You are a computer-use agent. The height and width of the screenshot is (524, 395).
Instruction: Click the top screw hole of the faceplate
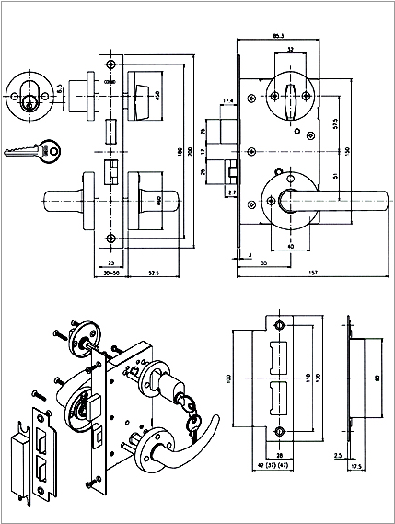click(x=112, y=64)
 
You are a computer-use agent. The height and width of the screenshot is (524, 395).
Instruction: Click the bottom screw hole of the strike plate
click(x=279, y=432)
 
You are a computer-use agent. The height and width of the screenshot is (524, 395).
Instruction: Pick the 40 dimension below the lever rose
click(x=290, y=246)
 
